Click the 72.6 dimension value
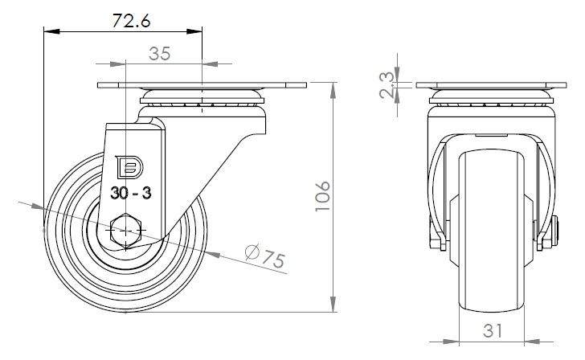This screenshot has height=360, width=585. click(131, 21)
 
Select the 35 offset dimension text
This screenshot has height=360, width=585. click(160, 54)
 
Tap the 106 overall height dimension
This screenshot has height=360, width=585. click(323, 197)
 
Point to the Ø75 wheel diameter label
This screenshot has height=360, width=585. click(265, 256)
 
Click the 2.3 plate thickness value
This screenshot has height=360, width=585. click(387, 85)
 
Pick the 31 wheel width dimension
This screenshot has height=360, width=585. click(493, 330)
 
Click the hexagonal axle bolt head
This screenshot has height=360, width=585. click(126, 231)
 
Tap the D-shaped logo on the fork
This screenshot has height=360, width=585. click(129, 166)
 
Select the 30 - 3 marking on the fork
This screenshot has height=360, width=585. click(130, 193)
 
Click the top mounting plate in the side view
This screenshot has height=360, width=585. click(202, 85)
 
